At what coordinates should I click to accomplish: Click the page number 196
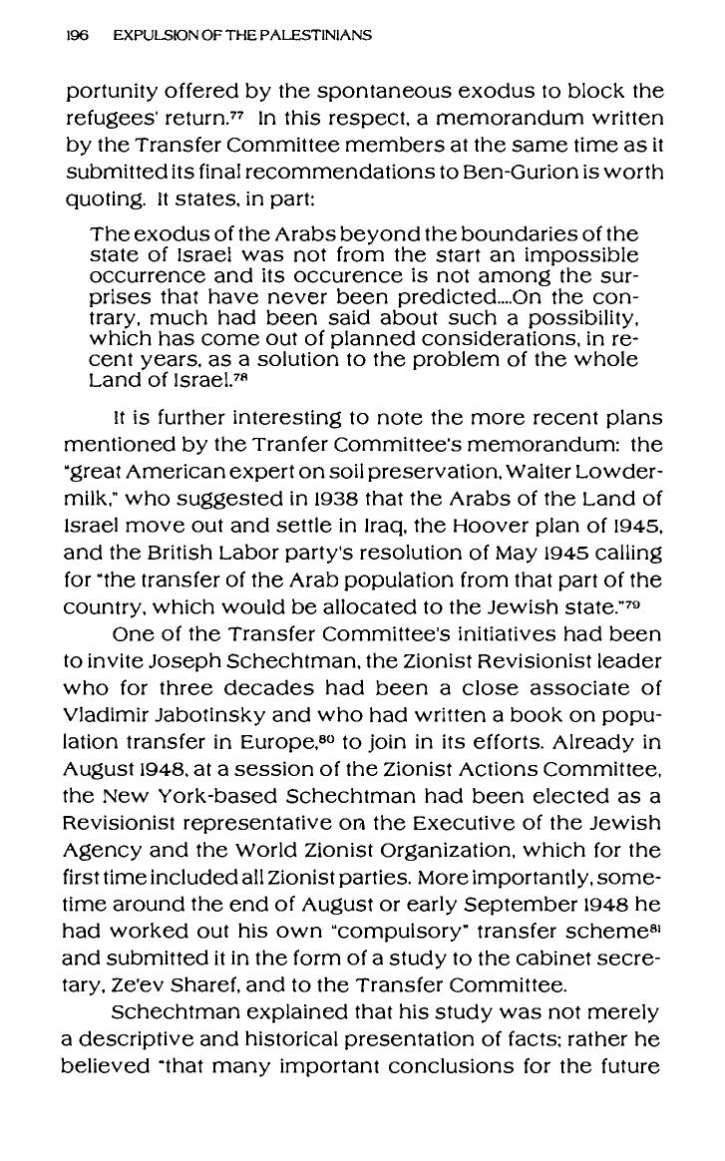[77, 35]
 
